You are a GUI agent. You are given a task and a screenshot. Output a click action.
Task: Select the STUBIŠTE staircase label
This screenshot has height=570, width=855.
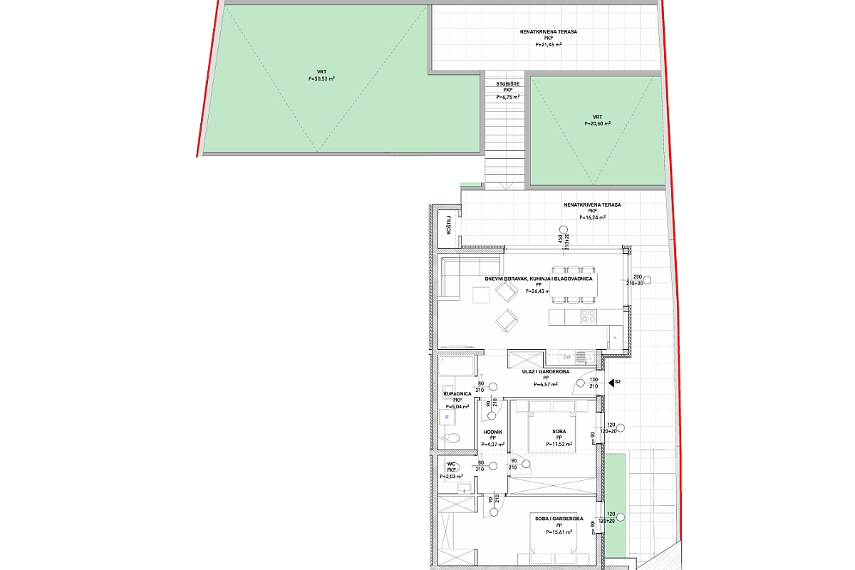click(507, 84)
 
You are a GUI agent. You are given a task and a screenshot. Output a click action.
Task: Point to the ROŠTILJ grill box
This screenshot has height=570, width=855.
click(449, 226)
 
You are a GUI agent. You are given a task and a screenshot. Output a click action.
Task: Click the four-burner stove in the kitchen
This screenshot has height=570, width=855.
click(589, 316)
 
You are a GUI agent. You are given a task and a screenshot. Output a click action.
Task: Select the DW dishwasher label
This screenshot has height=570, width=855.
click(567, 356)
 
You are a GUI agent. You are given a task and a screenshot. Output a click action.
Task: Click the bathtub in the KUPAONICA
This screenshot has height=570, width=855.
click(456, 366)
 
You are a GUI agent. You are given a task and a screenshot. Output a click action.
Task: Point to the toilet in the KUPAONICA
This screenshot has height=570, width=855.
click(457, 437)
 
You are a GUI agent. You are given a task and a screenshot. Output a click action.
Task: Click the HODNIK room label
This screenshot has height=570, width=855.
click(492, 432)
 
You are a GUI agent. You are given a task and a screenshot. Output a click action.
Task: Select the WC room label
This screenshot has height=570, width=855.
click(451, 464)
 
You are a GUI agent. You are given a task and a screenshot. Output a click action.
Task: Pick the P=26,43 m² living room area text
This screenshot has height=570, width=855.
click(539, 291)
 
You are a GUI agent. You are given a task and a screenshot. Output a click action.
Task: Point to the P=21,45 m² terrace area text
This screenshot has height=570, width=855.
click(548, 45)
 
